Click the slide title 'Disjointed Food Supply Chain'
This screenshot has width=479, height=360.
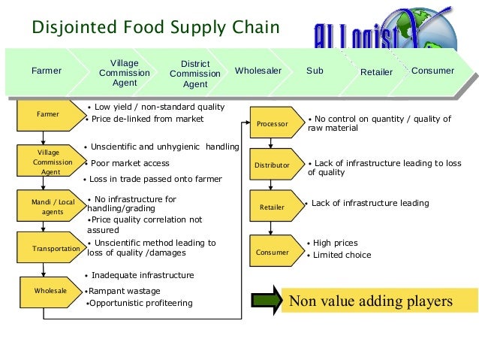point(155,28)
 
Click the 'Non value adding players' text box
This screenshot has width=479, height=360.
point(372,301)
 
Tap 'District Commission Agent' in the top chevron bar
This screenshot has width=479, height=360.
point(195,74)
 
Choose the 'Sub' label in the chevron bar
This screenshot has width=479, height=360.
point(315,71)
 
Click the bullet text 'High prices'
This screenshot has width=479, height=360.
point(335,243)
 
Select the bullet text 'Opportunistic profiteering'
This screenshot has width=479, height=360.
point(140,303)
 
